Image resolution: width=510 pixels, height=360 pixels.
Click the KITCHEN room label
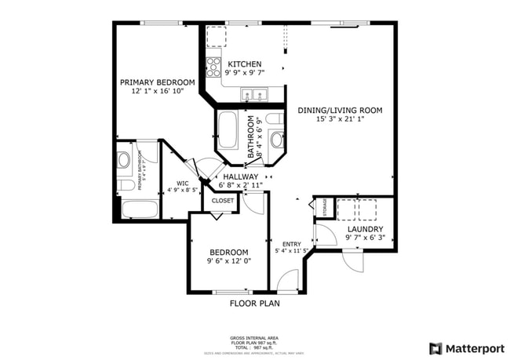coord(245,64)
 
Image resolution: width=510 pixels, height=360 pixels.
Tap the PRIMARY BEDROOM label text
coord(157,82)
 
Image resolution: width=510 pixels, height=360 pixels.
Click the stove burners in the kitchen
coord(213,67)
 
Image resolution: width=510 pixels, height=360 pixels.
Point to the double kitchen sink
coord(253,96)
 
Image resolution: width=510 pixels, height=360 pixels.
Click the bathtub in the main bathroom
coord(229,129)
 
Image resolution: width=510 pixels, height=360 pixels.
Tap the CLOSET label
coord(222,201)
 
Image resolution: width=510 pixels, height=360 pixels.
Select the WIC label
coord(182,184)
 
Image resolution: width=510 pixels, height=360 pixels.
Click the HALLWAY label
coord(240,177)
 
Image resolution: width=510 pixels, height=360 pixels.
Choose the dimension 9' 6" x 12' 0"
coord(228,261)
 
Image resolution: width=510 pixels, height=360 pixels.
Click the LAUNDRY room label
coord(365,230)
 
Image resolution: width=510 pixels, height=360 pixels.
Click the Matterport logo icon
coord(435,348)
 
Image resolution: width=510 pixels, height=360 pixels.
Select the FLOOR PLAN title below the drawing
coord(254,303)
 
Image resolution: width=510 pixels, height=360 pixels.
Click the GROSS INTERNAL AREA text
coord(254,338)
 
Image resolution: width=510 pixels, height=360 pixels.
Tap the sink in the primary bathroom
coord(124,160)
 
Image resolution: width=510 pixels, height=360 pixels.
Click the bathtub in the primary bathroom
coord(140,209)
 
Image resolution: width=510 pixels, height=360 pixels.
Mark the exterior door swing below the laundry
coord(353,261)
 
